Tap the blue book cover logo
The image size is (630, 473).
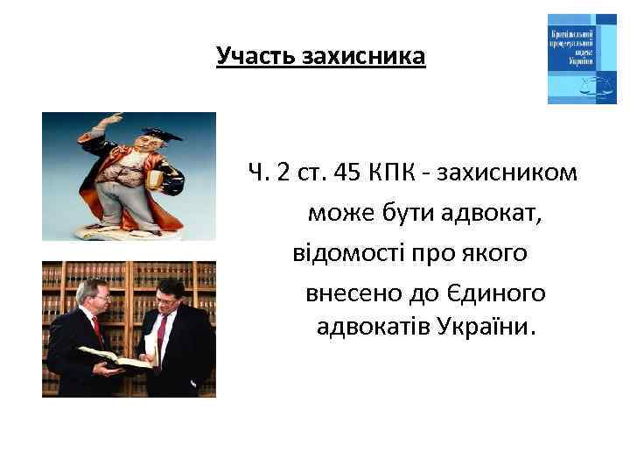click(x=582, y=59)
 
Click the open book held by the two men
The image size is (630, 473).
click(x=109, y=357)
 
